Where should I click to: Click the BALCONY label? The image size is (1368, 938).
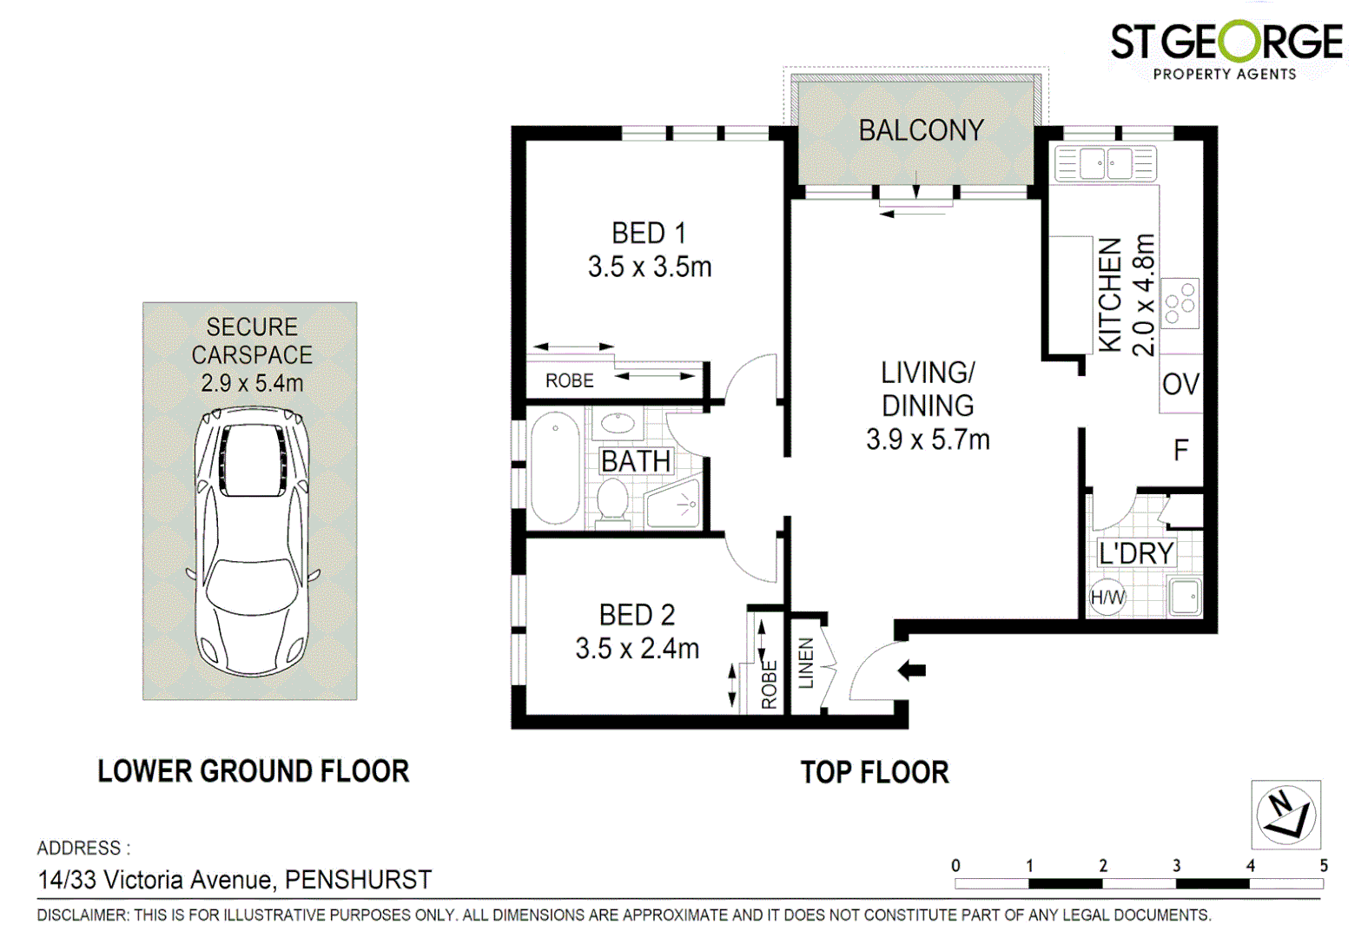pos(921,130)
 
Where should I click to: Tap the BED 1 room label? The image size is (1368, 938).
pos(649,233)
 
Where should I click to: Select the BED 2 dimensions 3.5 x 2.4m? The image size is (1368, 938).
pos(637,648)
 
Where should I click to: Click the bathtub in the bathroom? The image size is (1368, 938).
pos(555,469)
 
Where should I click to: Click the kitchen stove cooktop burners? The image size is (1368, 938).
pos(1180,303)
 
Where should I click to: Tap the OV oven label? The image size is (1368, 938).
pos(1180,384)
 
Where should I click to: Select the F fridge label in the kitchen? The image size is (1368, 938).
pos(1180,450)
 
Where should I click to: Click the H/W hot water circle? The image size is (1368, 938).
pos(1107,598)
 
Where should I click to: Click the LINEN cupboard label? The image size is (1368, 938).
pos(806,664)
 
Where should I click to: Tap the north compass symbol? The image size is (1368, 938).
pos(1285,815)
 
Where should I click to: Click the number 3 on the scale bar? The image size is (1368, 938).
pos(1176,866)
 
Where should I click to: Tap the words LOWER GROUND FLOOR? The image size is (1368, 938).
pos(253,771)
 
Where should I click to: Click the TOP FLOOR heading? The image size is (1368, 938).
pos(874,772)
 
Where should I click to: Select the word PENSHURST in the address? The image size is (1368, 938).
pos(358,880)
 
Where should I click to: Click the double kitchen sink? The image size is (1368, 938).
pos(1105,163)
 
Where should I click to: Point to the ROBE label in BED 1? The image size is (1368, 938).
pos(570,380)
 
